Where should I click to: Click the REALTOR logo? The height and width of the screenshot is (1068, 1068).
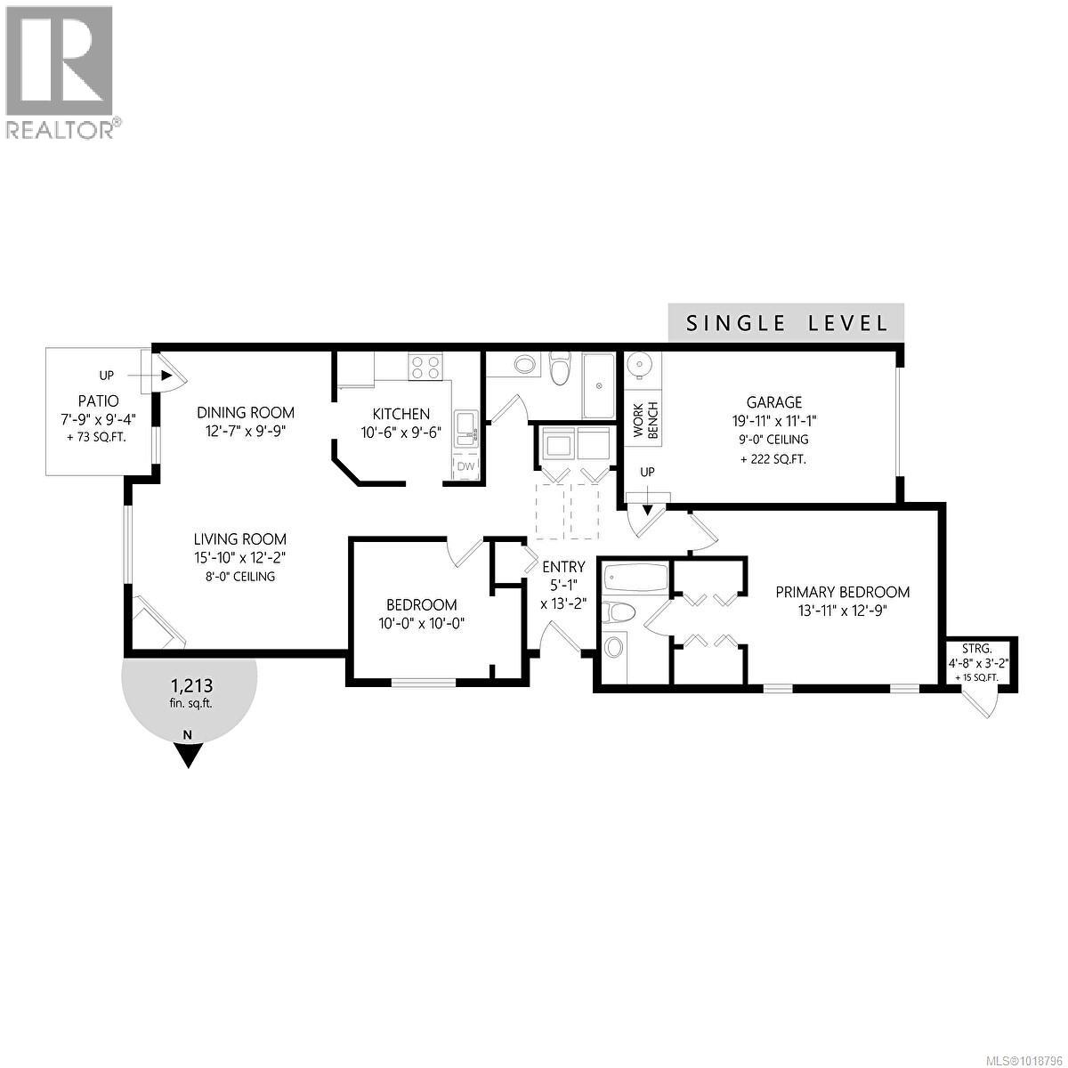pyautogui.click(x=61, y=71)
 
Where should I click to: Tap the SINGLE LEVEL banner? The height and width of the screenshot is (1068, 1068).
pyautogui.click(x=787, y=322)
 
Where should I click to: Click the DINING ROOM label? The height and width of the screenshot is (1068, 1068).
pyautogui.click(x=246, y=412)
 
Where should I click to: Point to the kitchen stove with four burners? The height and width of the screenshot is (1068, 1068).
pyautogui.click(x=425, y=368)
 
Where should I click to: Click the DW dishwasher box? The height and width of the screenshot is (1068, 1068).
pyautogui.click(x=465, y=467)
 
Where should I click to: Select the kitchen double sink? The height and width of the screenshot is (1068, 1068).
pyautogui.click(x=465, y=428)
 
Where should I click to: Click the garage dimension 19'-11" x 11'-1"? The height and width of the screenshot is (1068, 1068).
pyautogui.click(x=774, y=421)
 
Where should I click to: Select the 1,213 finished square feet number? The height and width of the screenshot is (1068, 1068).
pyautogui.click(x=190, y=685)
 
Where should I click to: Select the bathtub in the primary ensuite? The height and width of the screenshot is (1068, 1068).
pyautogui.click(x=635, y=578)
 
